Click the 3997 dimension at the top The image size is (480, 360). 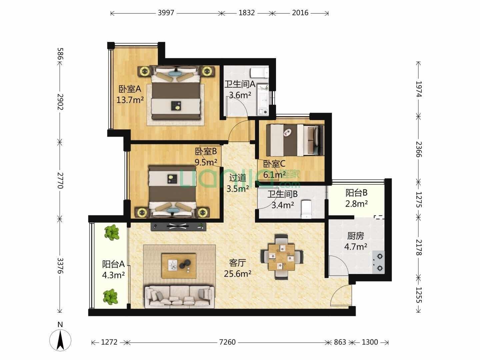[x=166, y=13]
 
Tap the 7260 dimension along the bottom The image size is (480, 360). [x=227, y=342]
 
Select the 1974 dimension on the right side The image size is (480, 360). [x=418, y=89]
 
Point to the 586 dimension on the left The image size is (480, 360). [x=60, y=54]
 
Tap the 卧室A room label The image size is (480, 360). [x=130, y=89]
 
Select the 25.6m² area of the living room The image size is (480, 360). [x=237, y=273]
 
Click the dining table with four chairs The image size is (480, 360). [x=282, y=257]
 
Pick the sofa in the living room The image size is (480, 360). [x=179, y=296]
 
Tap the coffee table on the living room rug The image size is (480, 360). [x=179, y=266]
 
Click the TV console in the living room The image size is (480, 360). [x=178, y=227]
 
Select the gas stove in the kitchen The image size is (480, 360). [x=378, y=262]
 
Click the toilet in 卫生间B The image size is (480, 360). [x=306, y=209]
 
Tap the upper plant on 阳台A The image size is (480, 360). [x=112, y=232]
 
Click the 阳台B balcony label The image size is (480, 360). [x=356, y=193]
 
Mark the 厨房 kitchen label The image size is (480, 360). [x=356, y=236]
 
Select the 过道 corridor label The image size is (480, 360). [x=237, y=178]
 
